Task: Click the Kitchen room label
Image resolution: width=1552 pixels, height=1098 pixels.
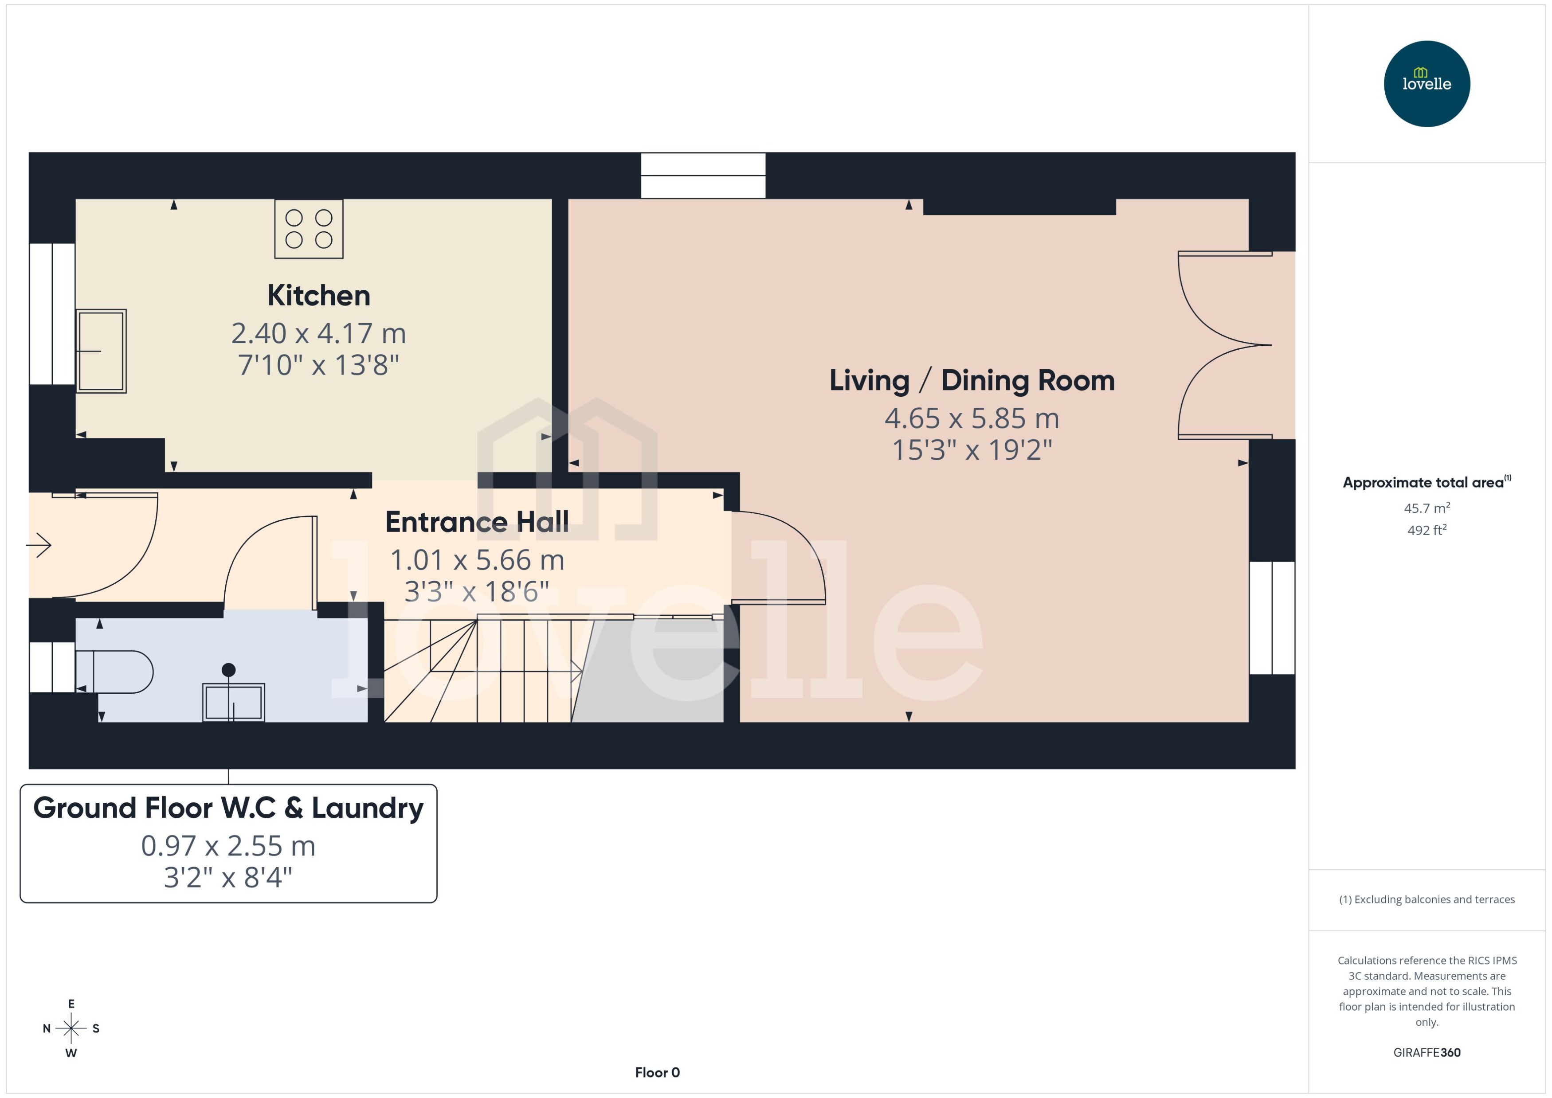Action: pyautogui.click(x=318, y=296)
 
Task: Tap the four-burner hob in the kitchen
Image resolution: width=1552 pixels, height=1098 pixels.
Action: pyautogui.click(x=308, y=229)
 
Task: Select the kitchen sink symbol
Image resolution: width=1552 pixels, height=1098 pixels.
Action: pyautogui.click(x=101, y=351)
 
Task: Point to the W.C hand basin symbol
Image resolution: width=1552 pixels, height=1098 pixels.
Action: pyautogui.click(x=233, y=701)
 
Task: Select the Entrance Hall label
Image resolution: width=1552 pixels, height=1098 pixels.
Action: pyautogui.click(x=477, y=522)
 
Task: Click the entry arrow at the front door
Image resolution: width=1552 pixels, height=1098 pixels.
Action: pyautogui.click(x=39, y=545)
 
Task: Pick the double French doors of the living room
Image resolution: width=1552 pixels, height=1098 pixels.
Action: pyautogui.click(x=1224, y=345)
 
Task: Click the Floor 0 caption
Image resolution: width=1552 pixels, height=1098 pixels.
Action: pyautogui.click(x=657, y=1072)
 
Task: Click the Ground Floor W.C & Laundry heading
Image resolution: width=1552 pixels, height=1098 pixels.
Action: pyautogui.click(x=228, y=808)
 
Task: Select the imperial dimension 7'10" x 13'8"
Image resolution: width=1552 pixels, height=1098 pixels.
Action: pyautogui.click(x=318, y=365)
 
